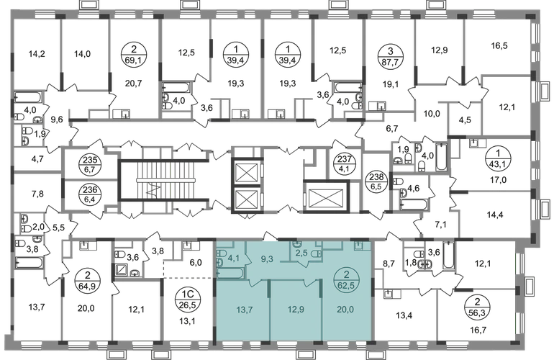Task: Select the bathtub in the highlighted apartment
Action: tap(230, 272)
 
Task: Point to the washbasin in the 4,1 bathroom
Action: tap(219, 264)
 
